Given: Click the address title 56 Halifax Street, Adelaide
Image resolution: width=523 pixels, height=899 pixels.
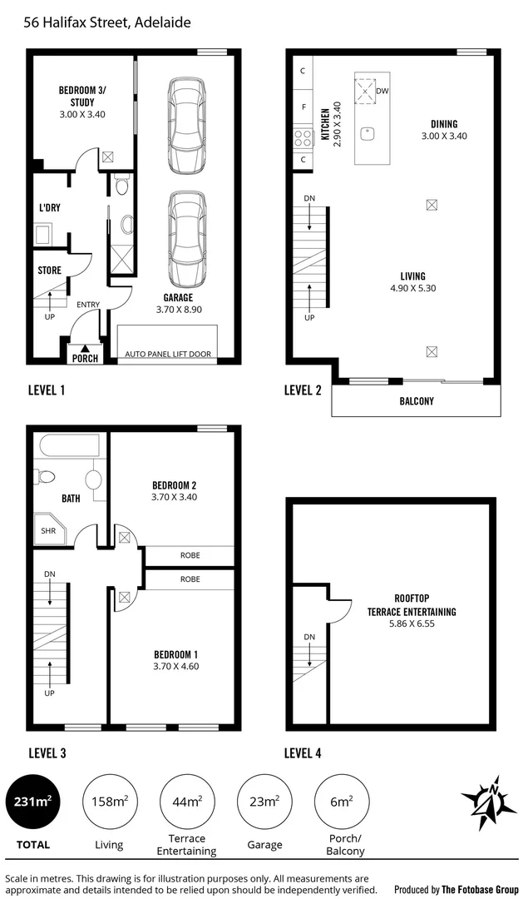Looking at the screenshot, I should pos(107,22).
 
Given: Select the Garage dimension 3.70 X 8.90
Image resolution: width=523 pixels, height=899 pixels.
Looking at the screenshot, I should pos(179,309).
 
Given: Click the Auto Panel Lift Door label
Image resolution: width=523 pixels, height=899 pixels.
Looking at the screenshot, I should pos(168,354).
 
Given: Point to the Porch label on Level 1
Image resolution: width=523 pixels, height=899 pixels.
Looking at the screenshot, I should pos(85,359).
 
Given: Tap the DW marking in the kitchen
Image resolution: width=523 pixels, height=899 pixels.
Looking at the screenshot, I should pos(382,90).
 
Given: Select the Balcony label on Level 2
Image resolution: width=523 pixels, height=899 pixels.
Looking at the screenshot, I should pos(416,401).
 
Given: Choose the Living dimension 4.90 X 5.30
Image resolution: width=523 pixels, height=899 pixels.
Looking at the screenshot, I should pos(412,289).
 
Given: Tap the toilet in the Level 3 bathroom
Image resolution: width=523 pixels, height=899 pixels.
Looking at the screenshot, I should pos(44,477).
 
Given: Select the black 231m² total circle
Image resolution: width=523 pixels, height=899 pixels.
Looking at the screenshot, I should pos(32,802).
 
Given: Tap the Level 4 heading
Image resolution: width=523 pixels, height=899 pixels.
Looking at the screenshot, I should pos(303,753).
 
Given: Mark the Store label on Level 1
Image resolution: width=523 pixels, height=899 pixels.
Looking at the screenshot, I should pos(49,271).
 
